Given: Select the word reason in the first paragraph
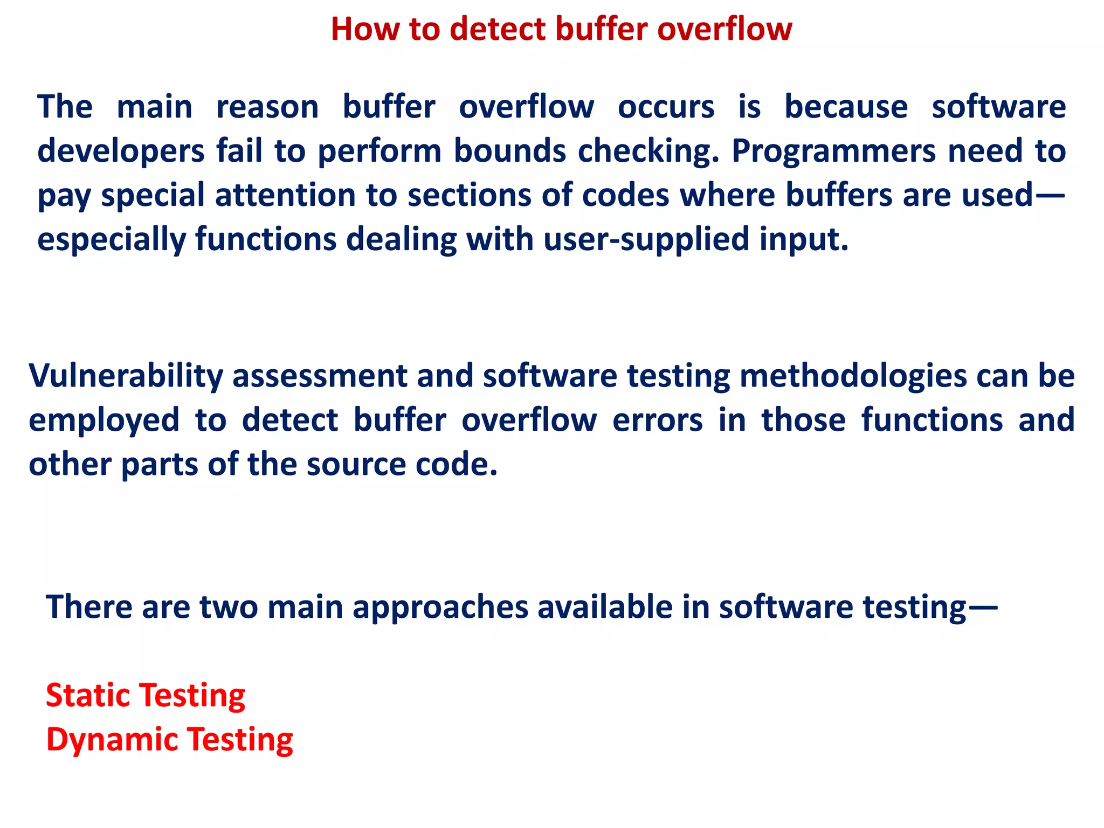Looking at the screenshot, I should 267,107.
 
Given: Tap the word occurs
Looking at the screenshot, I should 666,107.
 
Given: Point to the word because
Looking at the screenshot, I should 846,107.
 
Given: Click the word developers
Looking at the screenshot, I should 121,152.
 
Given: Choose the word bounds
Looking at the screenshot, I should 509,151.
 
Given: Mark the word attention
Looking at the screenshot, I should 285,195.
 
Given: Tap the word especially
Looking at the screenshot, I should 111,240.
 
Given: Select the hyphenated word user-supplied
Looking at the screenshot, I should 646,240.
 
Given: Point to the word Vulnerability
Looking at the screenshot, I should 126,376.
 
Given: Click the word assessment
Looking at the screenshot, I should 320,376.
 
